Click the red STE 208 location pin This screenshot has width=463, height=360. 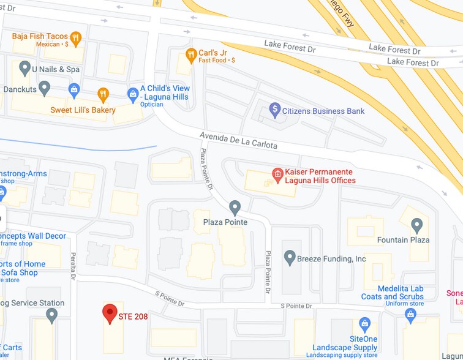click(x=110, y=313)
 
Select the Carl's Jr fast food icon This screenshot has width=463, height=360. click(x=191, y=54)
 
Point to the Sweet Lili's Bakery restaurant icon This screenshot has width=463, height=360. click(x=103, y=94)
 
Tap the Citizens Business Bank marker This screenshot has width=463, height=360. click(x=275, y=111)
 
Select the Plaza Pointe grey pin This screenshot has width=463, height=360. click(x=235, y=206)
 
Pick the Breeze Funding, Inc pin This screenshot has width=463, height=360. click(x=290, y=257)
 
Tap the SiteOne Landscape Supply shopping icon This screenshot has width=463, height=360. click(x=365, y=323)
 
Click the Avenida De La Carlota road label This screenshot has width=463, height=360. click(x=238, y=140)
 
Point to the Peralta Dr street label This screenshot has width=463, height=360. click(x=73, y=266)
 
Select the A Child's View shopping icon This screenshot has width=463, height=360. click(x=133, y=94)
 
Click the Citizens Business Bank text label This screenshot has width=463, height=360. click(x=323, y=111)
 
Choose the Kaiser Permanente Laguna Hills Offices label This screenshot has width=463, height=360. click(x=320, y=176)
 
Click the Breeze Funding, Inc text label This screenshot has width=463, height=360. click(x=331, y=259)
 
